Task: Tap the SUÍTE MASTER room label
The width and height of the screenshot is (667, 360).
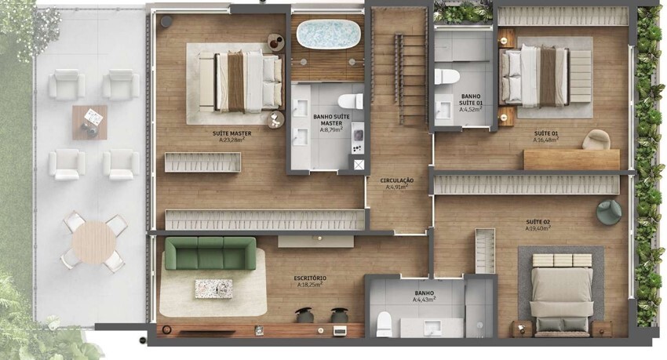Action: click(228, 133)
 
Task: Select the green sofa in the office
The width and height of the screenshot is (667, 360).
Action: click(210, 253)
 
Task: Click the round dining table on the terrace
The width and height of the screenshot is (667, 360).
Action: click(93, 242)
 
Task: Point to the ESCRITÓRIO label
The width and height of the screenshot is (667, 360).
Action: click(310, 278)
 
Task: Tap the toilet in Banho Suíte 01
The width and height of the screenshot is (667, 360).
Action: click(447, 78)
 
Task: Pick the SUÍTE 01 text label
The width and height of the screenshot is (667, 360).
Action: click(545, 134)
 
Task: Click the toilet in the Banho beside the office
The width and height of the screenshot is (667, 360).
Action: click(384, 323)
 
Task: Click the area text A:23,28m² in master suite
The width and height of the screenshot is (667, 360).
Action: click(228, 140)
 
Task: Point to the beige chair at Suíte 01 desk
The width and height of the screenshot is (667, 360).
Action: click(596, 140)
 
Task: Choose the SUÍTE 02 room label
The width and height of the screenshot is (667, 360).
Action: click(538, 222)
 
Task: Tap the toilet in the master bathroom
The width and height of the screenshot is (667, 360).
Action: click(348, 101)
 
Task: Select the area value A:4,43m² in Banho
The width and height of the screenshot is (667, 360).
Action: click(425, 300)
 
